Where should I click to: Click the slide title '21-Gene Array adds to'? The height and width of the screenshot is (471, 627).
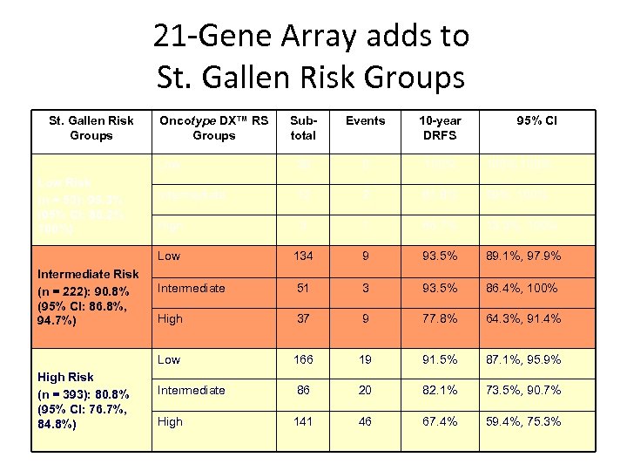pos(311,37)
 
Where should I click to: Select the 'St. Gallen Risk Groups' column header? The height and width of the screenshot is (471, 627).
pos(91,127)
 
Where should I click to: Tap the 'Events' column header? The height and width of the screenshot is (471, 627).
pos(365,120)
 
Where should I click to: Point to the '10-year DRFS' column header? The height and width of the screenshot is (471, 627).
pos(440,127)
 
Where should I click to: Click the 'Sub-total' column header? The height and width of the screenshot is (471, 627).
pos(304,127)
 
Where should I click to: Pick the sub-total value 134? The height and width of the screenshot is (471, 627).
pos(304,256)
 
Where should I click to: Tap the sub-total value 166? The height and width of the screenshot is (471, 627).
pos(304,359)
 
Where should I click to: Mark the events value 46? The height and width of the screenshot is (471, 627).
pos(365,421)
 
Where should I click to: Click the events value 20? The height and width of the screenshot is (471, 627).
pos(365,390)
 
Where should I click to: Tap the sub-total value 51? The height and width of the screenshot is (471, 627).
pos(304,288)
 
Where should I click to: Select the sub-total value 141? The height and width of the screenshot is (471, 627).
pos(304,421)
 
